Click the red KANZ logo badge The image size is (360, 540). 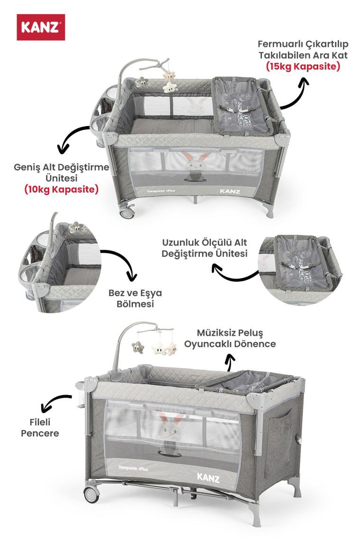41,27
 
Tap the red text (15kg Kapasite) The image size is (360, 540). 303,66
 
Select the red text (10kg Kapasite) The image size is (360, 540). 61,189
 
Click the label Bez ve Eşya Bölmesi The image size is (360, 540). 135,298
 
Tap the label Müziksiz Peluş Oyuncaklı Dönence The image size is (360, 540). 230,338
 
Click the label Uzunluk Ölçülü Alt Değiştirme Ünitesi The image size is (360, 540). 205,248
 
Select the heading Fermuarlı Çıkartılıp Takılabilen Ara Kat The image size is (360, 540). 303,50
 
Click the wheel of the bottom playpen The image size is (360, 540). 91,494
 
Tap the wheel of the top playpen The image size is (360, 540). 127,211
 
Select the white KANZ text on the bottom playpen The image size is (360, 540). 208,477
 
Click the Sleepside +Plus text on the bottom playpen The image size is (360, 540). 133,468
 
